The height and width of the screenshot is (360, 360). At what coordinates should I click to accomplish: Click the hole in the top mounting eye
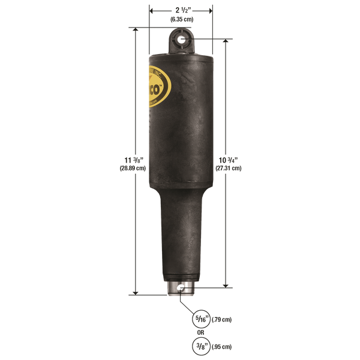pyautogui.click(x=181, y=41)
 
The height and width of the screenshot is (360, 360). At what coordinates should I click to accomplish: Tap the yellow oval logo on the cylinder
pyautogui.click(x=158, y=88)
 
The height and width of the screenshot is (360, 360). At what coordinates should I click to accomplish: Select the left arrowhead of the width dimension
pyautogui.click(x=151, y=11)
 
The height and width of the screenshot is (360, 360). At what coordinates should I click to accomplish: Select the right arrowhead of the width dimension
pyautogui.click(x=211, y=11)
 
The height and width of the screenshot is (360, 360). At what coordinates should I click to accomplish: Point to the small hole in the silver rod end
pyautogui.click(x=181, y=290)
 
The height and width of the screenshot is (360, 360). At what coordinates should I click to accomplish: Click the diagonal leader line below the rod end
pyautogui.click(x=188, y=304)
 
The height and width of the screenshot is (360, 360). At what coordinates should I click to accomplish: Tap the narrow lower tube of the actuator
pyautogui.click(x=180, y=240)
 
